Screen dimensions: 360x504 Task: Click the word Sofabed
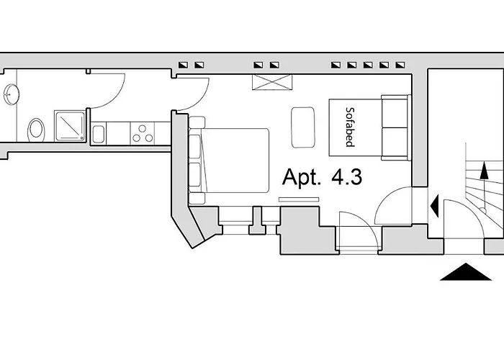coord(349,127)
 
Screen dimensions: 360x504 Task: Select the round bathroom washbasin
coord(10,94)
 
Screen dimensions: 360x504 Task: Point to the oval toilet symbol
coord(36,130)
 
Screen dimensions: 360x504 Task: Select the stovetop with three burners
coord(142,132)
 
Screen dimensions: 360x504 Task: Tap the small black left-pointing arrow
coord(434,206)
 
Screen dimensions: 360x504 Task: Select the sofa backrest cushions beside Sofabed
coord(395,127)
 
